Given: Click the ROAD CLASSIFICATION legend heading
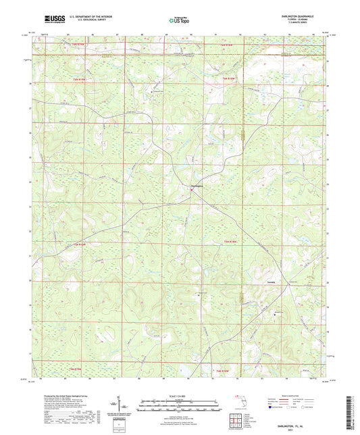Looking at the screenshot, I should (x=289, y=394).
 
